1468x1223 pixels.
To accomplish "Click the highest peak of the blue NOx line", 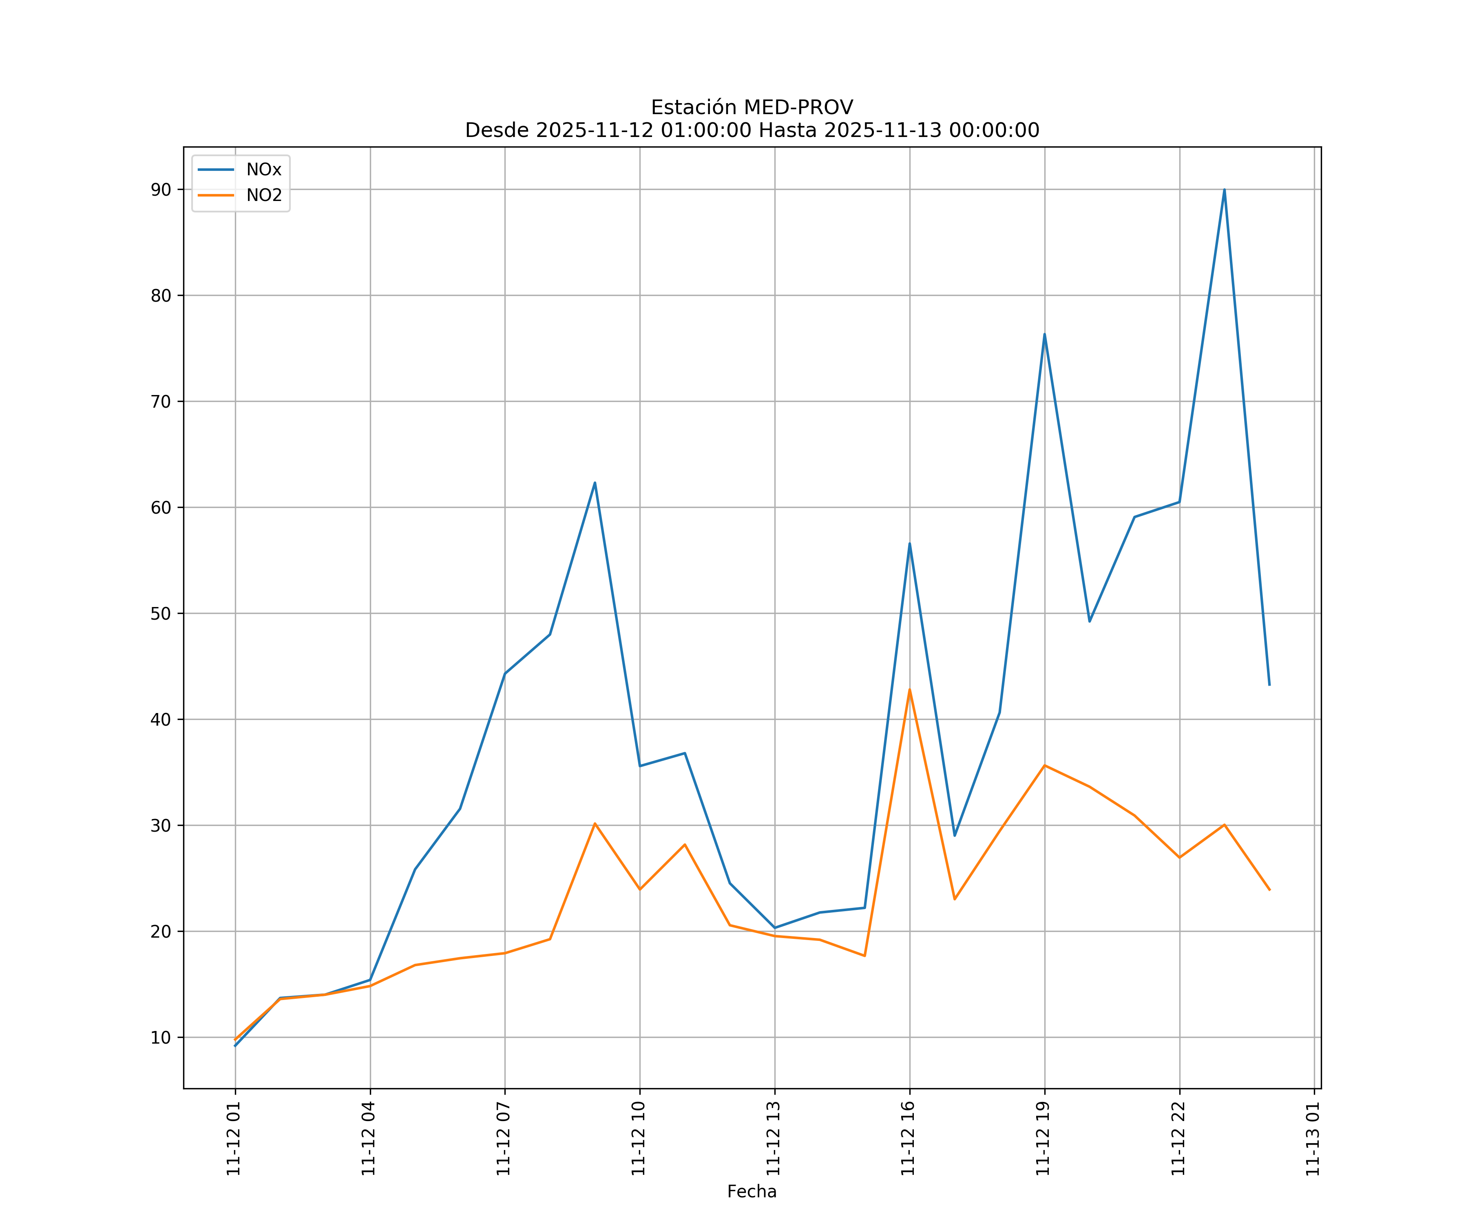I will [1224, 190].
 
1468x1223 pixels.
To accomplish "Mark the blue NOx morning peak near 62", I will [595, 483].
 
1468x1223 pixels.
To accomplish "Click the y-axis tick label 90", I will [161, 190].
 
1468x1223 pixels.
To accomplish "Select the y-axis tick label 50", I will [161, 614].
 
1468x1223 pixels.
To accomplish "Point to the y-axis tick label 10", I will [161, 1038].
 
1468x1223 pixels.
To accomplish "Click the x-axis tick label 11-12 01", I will [234, 1139].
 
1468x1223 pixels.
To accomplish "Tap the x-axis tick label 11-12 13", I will [774, 1139].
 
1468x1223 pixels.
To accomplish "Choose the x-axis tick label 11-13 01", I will [1313, 1139].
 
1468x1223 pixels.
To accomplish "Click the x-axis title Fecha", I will [752, 1192].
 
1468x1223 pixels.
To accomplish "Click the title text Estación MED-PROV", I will [752, 108].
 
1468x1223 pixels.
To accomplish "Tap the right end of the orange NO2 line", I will [1269, 890].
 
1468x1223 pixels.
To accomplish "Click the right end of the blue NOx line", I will [1269, 685].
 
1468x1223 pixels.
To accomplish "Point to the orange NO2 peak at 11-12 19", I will [1044, 765].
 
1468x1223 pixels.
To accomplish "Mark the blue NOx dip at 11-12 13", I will [774, 927].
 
